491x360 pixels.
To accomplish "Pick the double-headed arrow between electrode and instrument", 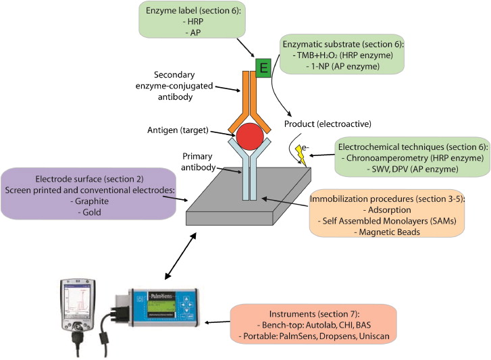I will [x=180, y=256].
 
